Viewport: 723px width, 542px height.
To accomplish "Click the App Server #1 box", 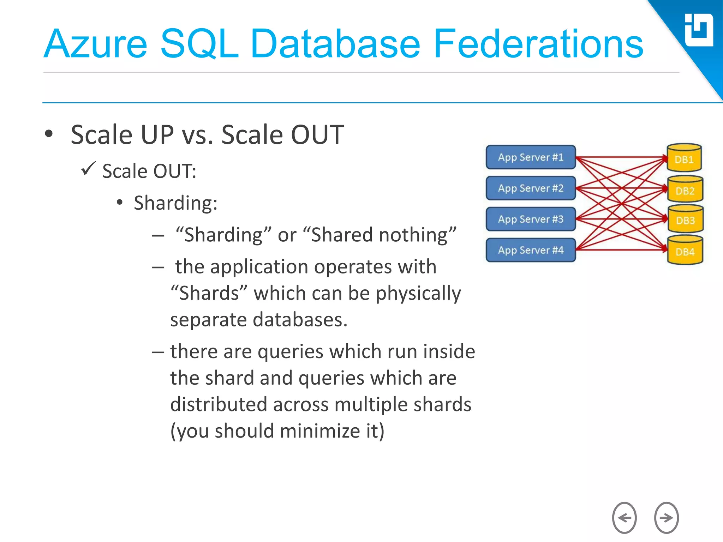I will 531,157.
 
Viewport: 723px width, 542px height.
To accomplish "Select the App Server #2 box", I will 531,188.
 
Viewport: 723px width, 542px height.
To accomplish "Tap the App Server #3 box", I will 531,219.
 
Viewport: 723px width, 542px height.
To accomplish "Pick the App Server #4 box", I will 531,250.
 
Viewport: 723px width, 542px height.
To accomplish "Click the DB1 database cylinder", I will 684,158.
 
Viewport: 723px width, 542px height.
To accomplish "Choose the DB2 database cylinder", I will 685,190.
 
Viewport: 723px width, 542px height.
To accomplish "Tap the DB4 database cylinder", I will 685,251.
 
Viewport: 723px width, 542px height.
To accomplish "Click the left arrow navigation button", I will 624,518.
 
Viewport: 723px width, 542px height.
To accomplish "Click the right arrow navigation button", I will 666,518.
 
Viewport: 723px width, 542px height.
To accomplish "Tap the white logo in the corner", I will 699,30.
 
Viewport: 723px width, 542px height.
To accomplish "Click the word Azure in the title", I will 95,44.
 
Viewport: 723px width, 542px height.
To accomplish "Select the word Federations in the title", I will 538,44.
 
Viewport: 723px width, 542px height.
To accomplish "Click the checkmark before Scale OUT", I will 88,168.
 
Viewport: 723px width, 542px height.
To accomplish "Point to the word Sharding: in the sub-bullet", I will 175,203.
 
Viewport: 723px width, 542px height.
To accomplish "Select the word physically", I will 418,294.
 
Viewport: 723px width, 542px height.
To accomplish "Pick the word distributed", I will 219,404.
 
